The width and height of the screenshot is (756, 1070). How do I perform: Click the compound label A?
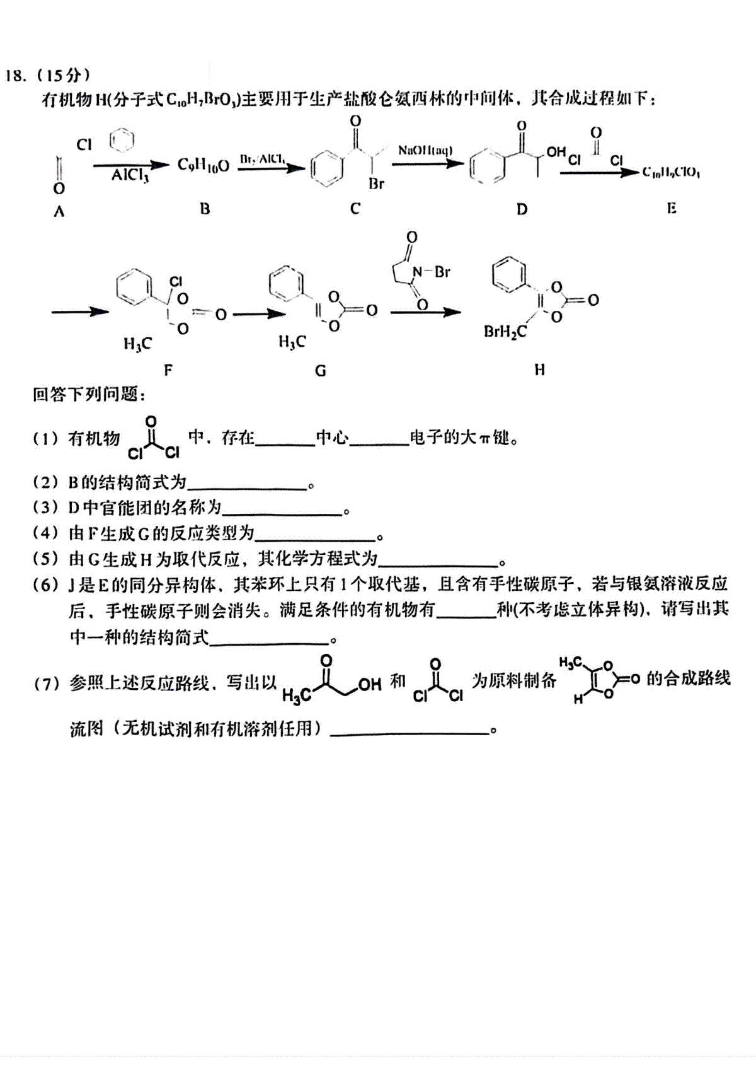point(59,212)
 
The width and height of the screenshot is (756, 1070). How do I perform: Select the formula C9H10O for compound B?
point(203,166)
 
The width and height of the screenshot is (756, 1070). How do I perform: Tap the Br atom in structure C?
point(376,184)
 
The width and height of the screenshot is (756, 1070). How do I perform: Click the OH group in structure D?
point(556,152)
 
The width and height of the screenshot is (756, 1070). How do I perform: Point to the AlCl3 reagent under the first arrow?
point(130,175)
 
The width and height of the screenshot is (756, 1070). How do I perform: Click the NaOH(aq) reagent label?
point(425,151)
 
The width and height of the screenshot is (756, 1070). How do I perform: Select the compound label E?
point(672,209)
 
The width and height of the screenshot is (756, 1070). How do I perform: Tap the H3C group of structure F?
point(137,344)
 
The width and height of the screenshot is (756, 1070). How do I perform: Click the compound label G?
point(321,370)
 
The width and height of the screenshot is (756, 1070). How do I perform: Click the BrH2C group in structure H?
point(505,332)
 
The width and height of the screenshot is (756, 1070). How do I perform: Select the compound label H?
point(539,369)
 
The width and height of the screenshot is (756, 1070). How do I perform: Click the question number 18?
point(16,76)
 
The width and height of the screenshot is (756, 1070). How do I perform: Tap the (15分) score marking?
point(63,76)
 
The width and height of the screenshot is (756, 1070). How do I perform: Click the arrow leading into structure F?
point(79,312)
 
